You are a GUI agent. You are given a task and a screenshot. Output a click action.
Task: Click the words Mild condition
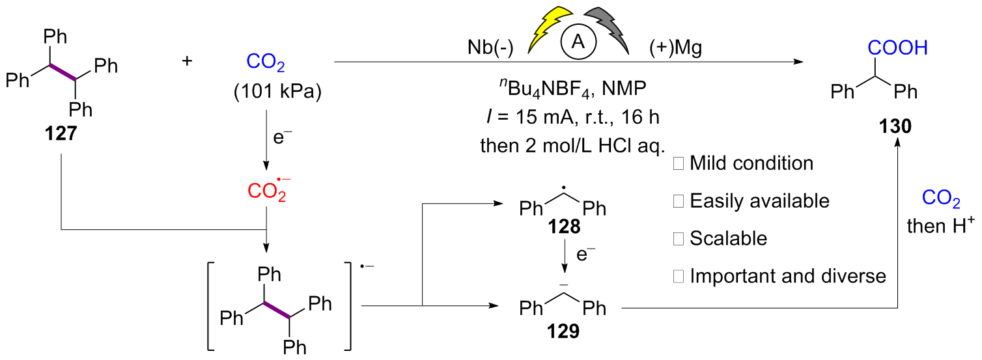point(751,163)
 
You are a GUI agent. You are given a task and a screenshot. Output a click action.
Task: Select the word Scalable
point(728,238)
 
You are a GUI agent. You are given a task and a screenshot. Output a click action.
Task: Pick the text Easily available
point(759,201)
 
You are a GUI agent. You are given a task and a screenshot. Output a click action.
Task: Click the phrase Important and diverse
point(787,276)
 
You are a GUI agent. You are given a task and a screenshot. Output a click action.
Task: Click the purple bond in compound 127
point(63,72)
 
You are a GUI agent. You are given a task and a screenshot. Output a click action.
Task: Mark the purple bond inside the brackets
point(277,310)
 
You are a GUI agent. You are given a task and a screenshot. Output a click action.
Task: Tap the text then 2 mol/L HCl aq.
point(570,146)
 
